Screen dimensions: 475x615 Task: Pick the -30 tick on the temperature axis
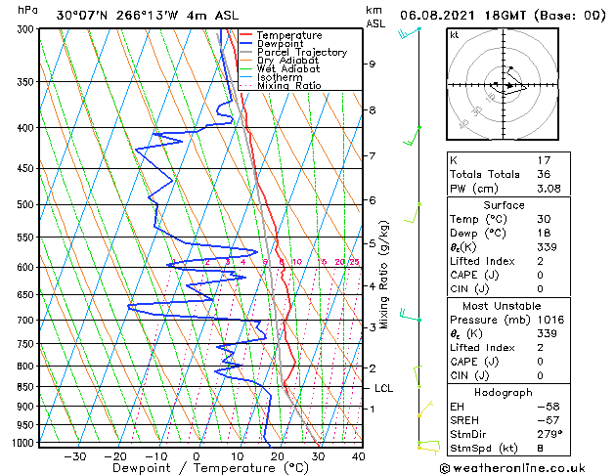(x=73, y=456)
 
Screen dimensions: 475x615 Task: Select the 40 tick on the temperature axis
(x=358, y=456)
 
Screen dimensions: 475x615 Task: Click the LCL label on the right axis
(x=383, y=388)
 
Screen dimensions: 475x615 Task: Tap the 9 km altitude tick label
(x=373, y=65)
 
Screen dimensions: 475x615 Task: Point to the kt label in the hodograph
(x=455, y=34)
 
